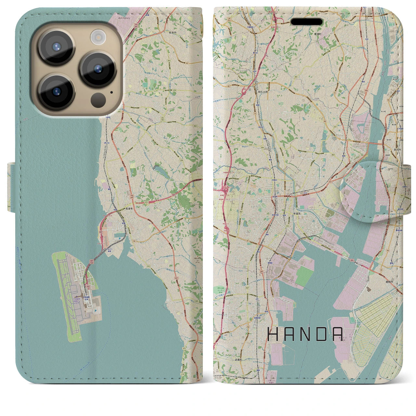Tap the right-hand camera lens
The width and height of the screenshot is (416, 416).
pos(98,69)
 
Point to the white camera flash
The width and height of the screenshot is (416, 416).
pos(97,36)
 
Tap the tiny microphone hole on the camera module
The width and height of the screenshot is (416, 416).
pos(112,92)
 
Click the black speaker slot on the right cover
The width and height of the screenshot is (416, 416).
pos(306,22)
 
